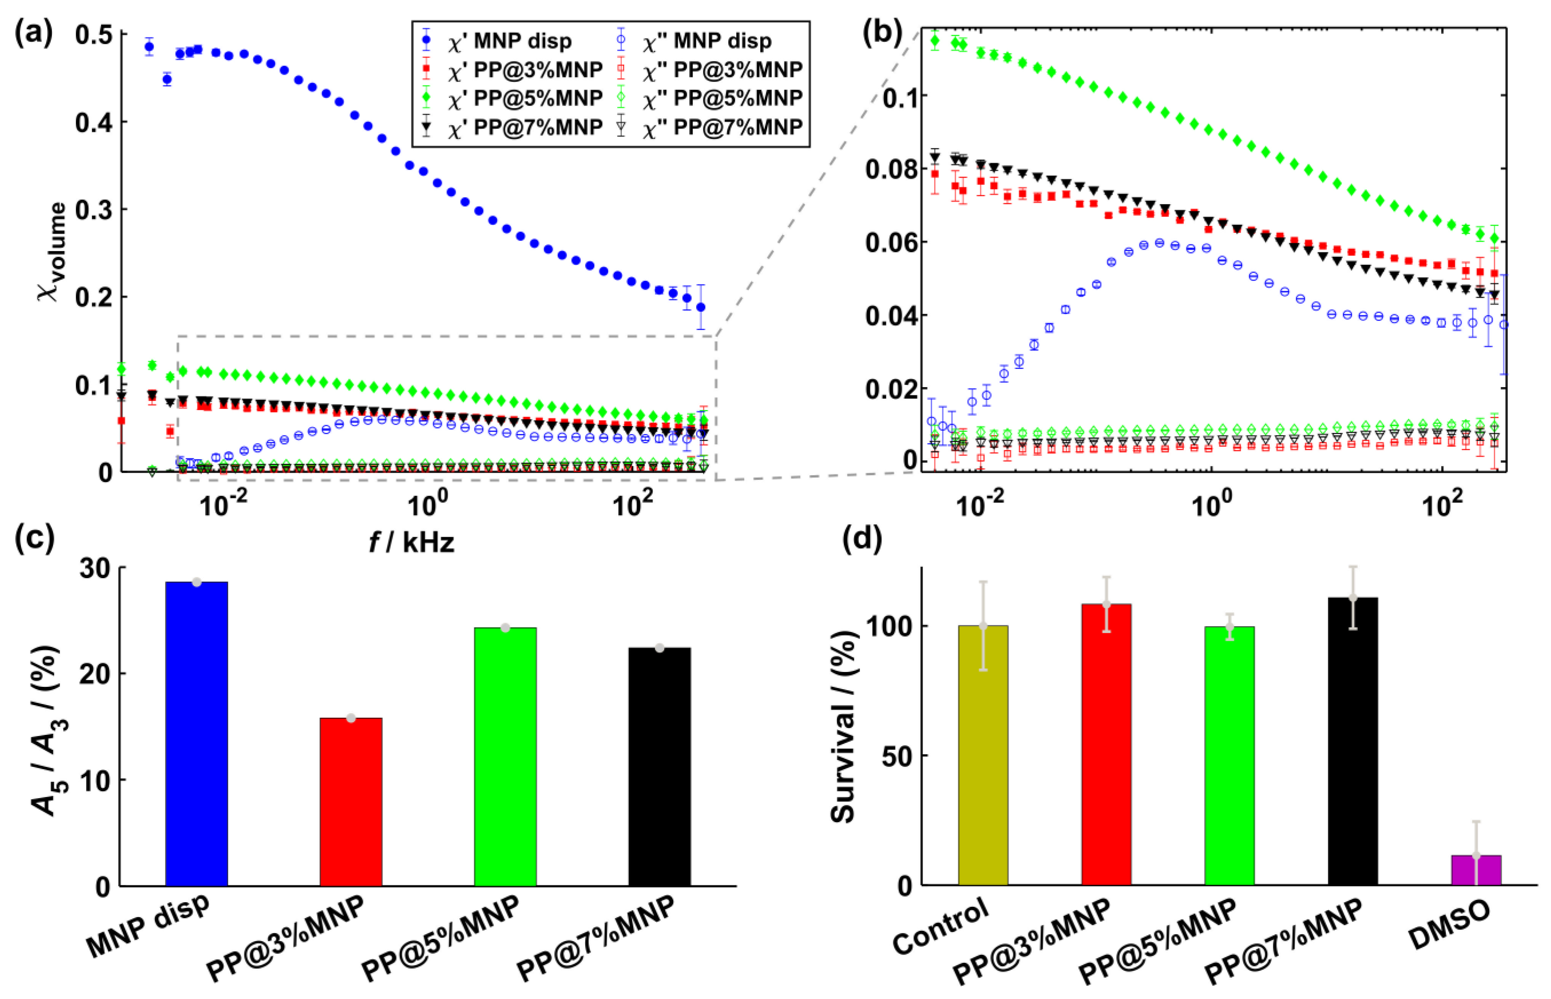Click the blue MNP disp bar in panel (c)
(x=197, y=733)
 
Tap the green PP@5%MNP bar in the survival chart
(x=1229, y=756)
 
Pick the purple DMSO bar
(x=1476, y=870)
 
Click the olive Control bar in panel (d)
(x=983, y=756)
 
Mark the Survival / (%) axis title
(x=844, y=726)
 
